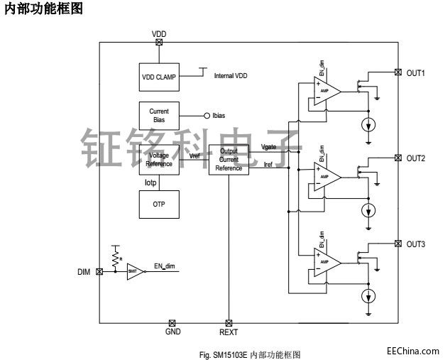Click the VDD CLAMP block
(158, 77)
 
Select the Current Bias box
(158, 115)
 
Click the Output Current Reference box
(229, 160)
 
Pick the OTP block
(158, 204)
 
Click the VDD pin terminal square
(158, 42)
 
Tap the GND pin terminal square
(172, 322)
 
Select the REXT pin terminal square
(229, 322)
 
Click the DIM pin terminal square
(99, 271)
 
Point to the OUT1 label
(415, 72)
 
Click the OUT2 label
(415, 158)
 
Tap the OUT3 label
(415, 244)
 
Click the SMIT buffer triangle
(134, 271)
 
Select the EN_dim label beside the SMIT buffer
(165, 266)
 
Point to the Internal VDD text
(231, 75)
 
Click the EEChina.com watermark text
(412, 349)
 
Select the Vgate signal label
(270, 147)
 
